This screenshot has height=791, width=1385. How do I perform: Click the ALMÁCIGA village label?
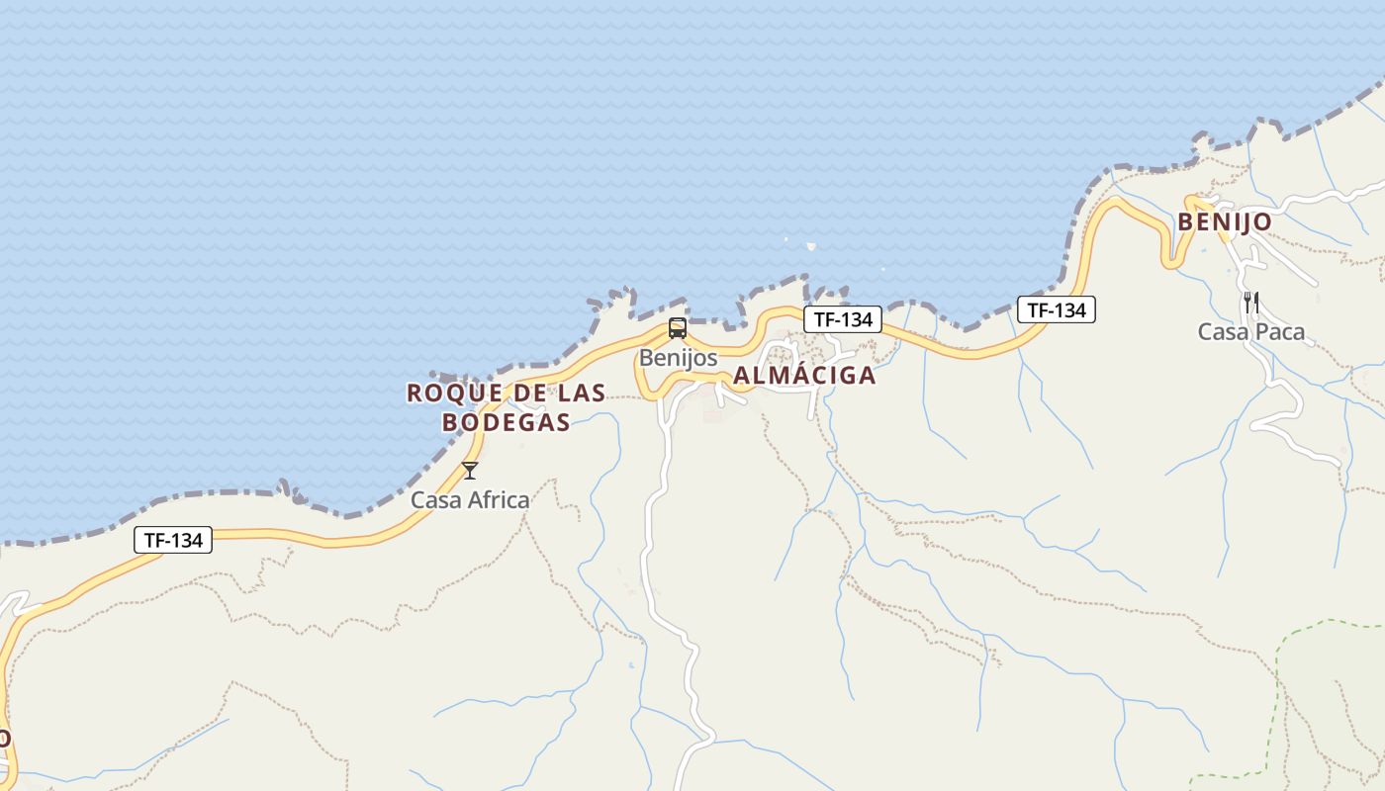(804, 376)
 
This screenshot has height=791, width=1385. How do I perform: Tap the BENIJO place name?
(1224, 222)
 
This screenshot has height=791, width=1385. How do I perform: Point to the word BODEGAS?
(506, 422)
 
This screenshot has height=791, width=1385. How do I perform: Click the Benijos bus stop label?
(678, 358)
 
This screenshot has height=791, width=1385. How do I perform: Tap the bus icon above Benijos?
(678, 328)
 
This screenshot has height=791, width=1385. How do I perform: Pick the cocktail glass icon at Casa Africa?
(470, 471)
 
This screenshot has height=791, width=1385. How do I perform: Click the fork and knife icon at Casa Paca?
(1251, 302)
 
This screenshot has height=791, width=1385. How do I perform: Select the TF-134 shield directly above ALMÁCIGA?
(843, 319)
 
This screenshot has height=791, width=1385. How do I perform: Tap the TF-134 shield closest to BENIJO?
(1057, 309)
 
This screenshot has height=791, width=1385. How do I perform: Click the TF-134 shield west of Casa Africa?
(173, 540)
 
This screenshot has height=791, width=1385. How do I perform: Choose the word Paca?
(1280, 332)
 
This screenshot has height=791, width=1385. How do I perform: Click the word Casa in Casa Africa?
(436, 500)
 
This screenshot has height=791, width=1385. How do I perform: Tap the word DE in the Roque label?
(529, 393)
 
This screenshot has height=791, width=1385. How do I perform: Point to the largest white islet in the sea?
(811, 247)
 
